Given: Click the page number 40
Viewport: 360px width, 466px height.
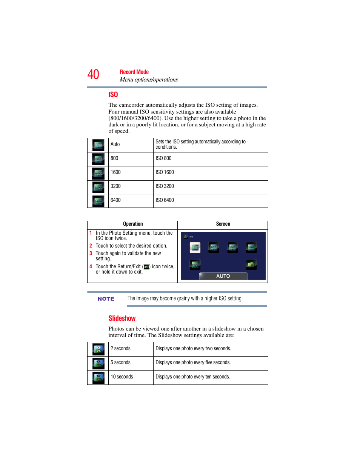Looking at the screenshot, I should point(93,74).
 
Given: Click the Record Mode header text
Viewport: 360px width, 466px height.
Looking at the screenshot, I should point(134,72).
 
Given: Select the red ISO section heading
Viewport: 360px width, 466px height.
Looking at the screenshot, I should point(113,95).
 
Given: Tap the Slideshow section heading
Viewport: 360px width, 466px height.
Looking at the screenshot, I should point(122,318).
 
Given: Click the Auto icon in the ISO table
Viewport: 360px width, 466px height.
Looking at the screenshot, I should point(98,145).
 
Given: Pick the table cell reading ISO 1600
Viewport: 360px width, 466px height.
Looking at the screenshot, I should point(165,172).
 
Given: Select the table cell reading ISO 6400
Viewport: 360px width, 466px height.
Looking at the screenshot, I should point(165,200).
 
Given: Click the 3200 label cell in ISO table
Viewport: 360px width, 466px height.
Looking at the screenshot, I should point(115,186).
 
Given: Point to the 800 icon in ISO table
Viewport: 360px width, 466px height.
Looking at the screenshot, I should point(98,159).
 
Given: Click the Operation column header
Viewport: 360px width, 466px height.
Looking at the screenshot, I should point(133,224).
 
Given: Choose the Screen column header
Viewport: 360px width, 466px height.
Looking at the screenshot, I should point(223,224).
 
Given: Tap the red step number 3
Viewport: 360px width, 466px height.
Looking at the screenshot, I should point(91,254).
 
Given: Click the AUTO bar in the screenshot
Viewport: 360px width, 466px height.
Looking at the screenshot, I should point(223,276).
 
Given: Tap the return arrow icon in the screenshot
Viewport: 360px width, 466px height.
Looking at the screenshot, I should point(251,265).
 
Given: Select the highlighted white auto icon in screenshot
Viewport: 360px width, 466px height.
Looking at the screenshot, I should point(195,247).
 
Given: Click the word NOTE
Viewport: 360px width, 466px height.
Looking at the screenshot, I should point(106,299).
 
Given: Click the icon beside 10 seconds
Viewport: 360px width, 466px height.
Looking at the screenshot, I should point(98,377).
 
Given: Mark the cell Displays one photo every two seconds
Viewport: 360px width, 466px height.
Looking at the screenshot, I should point(193,349).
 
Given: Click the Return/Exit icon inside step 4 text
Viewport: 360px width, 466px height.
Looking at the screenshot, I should point(146,267).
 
